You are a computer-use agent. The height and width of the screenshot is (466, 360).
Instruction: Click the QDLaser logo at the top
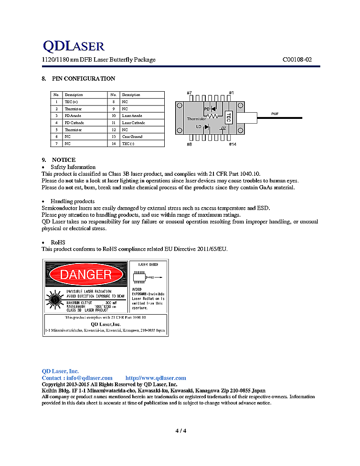click(x=74, y=46)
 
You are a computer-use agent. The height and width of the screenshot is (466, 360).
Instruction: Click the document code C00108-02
click(x=297, y=60)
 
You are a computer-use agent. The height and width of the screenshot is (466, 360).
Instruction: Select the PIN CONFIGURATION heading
click(x=84, y=78)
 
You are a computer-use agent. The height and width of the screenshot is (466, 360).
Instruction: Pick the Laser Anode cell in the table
click(x=132, y=116)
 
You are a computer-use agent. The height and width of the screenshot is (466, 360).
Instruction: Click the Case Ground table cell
click(x=132, y=137)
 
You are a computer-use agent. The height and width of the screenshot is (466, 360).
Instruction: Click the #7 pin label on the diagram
click(x=189, y=93)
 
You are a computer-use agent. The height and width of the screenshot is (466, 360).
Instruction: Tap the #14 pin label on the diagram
click(x=232, y=144)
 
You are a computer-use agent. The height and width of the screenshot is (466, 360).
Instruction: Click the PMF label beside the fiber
click(x=275, y=114)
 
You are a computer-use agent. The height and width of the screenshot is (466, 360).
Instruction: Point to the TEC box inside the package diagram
click(x=228, y=117)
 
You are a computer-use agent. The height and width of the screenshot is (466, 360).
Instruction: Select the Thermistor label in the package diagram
click(x=196, y=119)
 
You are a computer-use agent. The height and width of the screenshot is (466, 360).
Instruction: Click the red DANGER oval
click(x=86, y=274)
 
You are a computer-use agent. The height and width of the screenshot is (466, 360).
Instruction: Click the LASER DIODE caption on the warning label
click(x=148, y=264)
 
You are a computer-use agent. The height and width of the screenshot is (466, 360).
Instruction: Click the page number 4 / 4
click(x=180, y=431)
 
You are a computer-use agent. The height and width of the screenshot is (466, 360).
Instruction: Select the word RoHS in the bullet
click(x=58, y=243)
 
